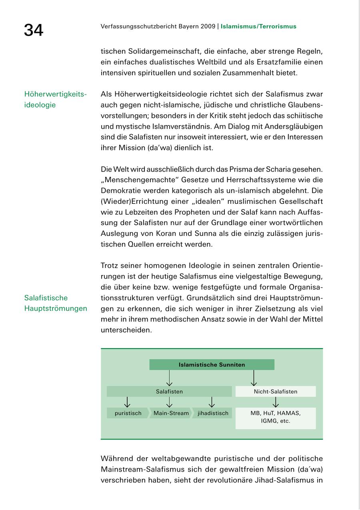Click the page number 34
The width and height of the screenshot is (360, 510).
[x=34, y=30]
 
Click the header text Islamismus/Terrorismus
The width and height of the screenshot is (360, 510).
[x=258, y=26]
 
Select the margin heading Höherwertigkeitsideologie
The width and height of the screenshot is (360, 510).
[x=55, y=100]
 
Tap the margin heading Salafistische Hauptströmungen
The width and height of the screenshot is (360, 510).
[x=55, y=303]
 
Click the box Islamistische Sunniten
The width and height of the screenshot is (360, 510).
[x=212, y=365]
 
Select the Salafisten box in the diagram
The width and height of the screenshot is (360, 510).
[x=169, y=392]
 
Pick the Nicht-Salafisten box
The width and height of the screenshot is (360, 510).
[x=276, y=392]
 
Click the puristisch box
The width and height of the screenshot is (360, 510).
[x=128, y=413]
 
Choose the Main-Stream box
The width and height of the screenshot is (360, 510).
[x=171, y=413]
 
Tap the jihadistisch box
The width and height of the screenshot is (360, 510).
[x=213, y=413]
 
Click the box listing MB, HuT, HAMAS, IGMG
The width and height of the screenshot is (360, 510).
[x=276, y=417]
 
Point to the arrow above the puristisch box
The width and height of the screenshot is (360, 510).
[x=127, y=402]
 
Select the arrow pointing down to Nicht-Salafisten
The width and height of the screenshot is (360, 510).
[x=254, y=378]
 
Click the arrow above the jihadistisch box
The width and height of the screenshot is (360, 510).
[x=212, y=402]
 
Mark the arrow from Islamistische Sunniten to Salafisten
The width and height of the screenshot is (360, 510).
[x=169, y=378]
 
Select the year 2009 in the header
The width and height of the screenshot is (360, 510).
[x=207, y=26]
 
